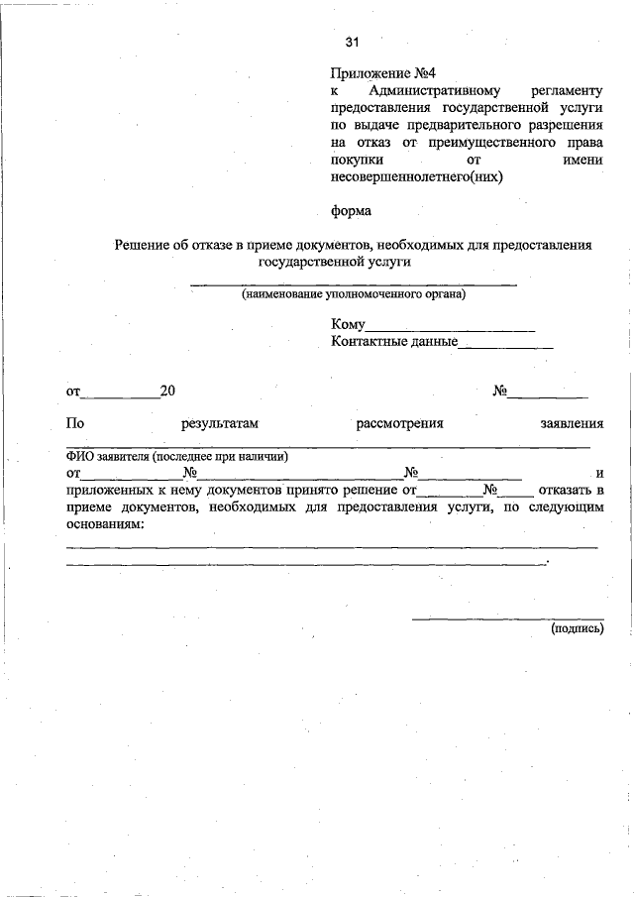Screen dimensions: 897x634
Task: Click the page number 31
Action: pos(352,42)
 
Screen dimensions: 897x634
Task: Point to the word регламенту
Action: pos(567,91)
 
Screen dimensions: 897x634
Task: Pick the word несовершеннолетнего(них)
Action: pos(417,178)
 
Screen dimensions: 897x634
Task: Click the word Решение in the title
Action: pos(142,245)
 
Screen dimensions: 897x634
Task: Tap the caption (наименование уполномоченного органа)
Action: pos(353,294)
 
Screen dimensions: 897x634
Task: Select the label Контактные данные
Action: pos(394,342)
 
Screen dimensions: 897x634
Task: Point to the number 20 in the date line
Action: pos(167,392)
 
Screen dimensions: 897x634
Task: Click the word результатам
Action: pos(220,423)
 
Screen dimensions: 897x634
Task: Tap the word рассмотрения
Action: pos(399,423)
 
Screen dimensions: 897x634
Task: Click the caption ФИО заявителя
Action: pos(176,457)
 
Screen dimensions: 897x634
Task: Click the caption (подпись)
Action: pos(577,627)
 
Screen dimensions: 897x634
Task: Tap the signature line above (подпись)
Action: pos(507,618)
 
